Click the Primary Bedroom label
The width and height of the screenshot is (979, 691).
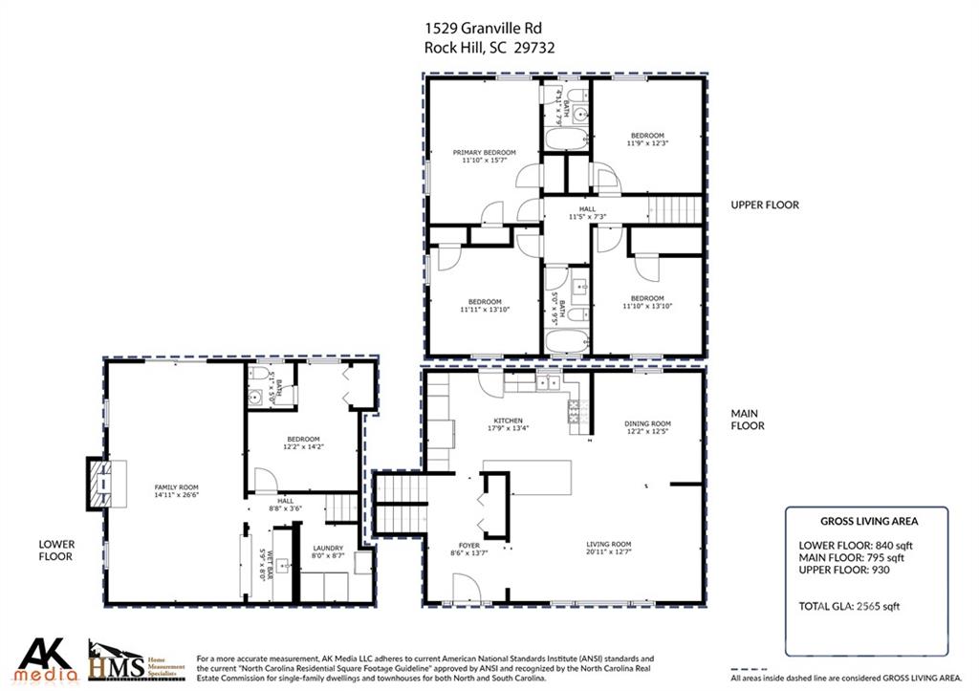point(484,157)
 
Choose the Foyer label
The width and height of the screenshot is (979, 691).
point(468,548)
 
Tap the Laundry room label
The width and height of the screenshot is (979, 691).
point(328,551)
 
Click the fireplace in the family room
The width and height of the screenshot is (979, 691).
point(98,484)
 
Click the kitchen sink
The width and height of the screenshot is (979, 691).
point(548,383)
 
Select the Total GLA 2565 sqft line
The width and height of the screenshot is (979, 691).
point(849,606)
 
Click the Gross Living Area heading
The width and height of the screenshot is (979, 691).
point(869,522)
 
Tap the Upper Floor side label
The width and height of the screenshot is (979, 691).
point(764,205)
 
